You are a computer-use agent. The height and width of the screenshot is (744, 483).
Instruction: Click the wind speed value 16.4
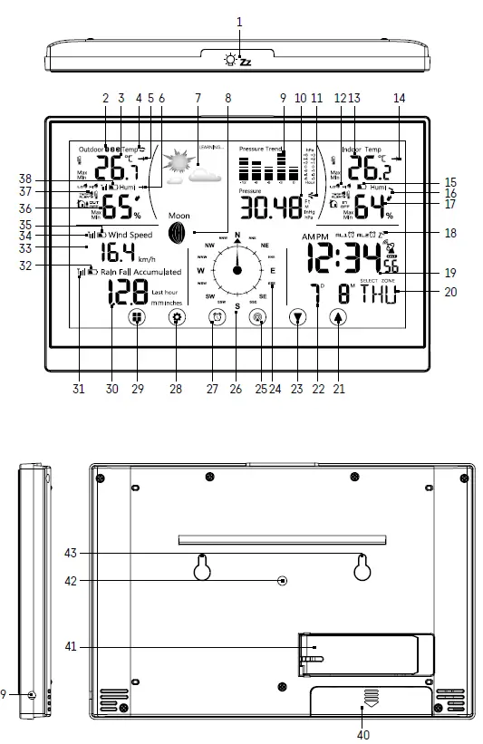coord(118,253)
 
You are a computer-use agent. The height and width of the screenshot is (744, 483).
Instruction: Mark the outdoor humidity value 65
coord(118,208)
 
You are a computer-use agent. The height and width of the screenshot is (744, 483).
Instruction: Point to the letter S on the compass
coord(237,306)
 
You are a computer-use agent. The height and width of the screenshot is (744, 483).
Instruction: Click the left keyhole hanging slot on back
coord(203,567)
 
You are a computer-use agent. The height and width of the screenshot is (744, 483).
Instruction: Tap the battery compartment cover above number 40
coord(369,698)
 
